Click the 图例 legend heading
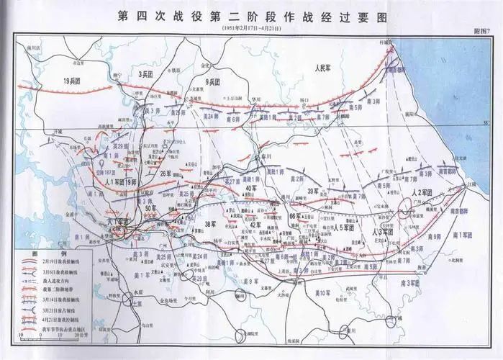35,254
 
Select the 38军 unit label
210,223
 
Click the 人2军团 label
425,192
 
